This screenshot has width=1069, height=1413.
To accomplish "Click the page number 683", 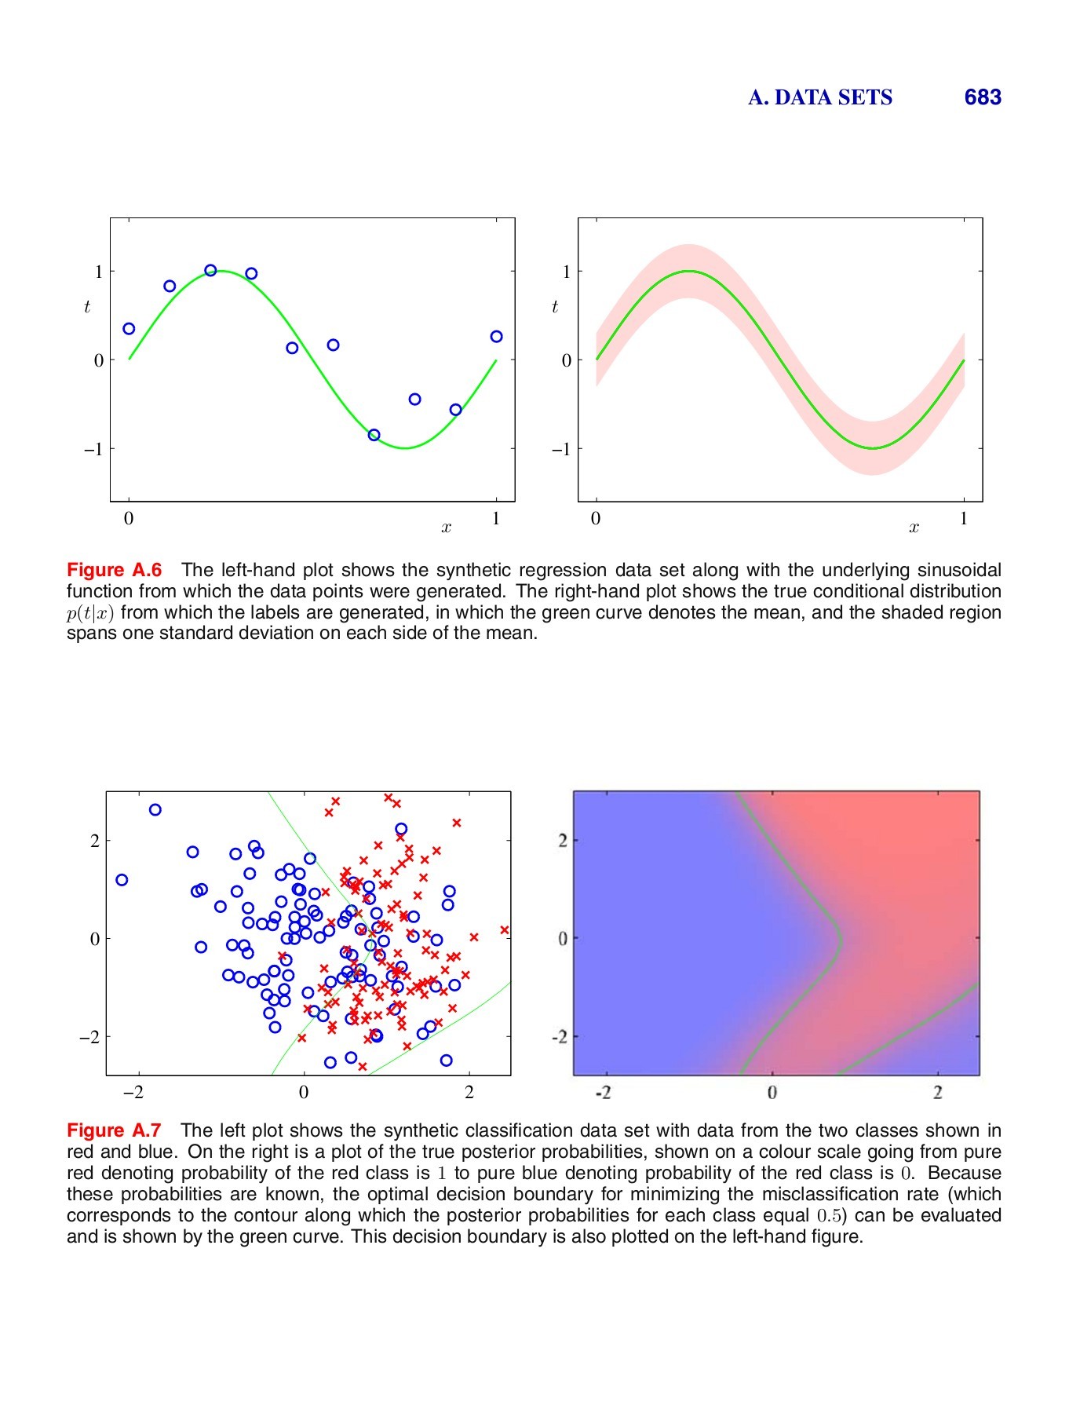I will pos(982,97).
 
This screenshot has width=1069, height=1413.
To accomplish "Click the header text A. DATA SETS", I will pos(819,97).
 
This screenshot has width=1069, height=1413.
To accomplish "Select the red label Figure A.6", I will pos(114,570).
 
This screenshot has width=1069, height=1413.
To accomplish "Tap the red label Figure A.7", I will pos(114,1130).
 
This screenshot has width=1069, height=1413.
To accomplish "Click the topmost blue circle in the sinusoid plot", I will pos(210,271).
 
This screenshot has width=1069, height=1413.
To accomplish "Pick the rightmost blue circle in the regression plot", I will pos(496,337).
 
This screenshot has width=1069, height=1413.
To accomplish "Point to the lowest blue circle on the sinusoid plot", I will pos(374,435).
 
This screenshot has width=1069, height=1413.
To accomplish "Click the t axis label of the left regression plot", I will pos(87,307).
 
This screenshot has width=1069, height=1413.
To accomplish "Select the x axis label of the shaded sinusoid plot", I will pos(914,528).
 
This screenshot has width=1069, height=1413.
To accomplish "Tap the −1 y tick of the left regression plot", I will pos(93,449).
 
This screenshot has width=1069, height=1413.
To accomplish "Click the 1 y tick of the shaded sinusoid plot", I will pos(567,272).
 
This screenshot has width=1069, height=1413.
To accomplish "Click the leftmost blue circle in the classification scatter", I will pos(122,880).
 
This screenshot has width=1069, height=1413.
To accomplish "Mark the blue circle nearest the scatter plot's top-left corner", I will pos(155,810).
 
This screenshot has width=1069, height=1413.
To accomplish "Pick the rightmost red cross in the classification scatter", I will pos(505,930).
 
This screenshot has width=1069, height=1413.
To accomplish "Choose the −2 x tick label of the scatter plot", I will pos(135,1092).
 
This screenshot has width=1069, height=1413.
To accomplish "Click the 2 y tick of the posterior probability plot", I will pos(563,841).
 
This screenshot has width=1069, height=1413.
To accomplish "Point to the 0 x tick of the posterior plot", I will pos(772,1092).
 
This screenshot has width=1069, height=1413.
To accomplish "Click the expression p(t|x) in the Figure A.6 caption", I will pos(90,613).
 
